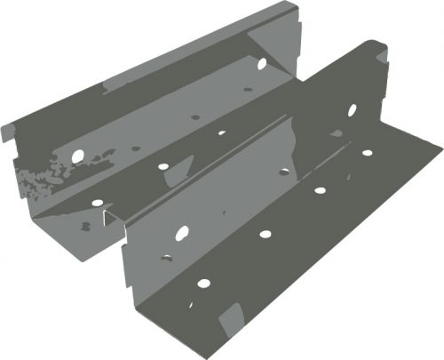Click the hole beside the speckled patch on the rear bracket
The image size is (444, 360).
77,156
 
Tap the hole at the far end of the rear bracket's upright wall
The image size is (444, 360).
261,63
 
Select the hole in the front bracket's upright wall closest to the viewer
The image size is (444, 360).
181,234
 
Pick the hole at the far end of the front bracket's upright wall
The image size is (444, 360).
352,110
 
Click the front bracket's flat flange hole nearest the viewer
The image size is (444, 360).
203,284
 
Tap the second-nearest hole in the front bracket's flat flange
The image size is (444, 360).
265,235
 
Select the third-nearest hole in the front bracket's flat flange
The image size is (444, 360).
319,189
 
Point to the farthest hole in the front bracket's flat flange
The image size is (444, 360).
367,153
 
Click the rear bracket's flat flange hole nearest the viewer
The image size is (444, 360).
97,203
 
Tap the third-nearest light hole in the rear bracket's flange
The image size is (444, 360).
221,133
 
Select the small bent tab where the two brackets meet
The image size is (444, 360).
108,217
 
